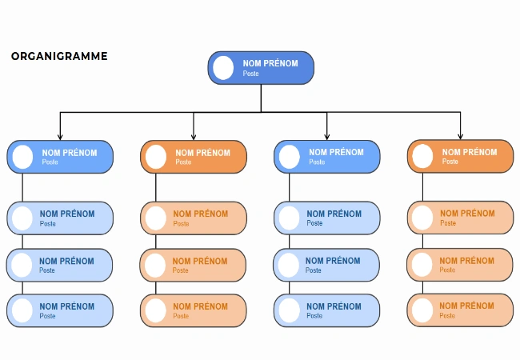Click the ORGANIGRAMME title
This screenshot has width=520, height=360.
click(x=59, y=57)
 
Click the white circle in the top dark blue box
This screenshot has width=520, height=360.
click(x=223, y=68)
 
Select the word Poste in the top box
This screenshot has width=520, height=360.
click(x=251, y=74)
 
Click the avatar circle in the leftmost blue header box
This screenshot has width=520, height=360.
click(x=22, y=157)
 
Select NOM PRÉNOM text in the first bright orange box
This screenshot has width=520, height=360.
click(x=202, y=153)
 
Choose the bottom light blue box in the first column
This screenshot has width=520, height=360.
click(x=60, y=310)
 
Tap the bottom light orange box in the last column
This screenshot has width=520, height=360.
click(x=460, y=310)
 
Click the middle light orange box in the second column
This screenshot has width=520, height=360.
click(x=194, y=265)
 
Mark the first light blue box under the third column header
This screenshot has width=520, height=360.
click(x=326, y=218)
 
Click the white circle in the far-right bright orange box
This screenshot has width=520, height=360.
click(x=422, y=157)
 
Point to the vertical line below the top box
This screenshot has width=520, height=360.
click(x=261, y=98)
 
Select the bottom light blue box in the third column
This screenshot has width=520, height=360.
click(x=326, y=310)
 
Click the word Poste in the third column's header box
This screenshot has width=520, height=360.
click(x=318, y=162)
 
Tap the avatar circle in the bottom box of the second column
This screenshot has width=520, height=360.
click(x=156, y=310)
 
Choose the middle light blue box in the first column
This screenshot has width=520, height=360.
click(x=60, y=265)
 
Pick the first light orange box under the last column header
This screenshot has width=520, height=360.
click(x=460, y=218)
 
